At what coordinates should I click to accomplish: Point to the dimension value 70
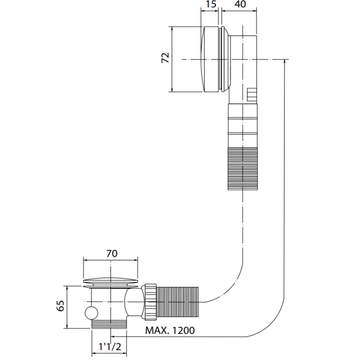111,253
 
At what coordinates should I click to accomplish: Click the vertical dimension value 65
59,306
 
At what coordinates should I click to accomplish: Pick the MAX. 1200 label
169,330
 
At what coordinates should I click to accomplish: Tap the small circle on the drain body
90,313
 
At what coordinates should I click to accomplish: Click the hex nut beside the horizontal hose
150,301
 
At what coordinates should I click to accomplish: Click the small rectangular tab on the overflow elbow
251,94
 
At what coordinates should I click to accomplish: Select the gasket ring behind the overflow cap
221,59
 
